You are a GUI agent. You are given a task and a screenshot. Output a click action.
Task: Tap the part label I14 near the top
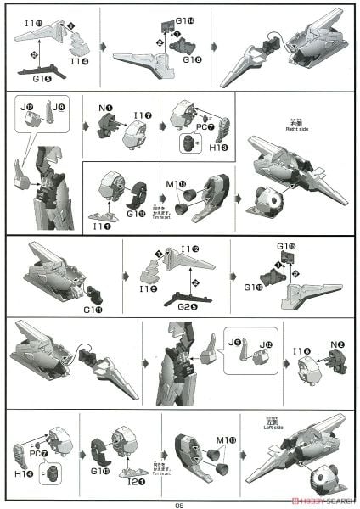click(x=78, y=61)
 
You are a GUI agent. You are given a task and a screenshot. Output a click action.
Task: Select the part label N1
click(x=104, y=108)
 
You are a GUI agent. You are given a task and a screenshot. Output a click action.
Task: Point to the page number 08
click(x=180, y=503)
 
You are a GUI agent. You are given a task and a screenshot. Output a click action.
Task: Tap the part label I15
click(x=143, y=289)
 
